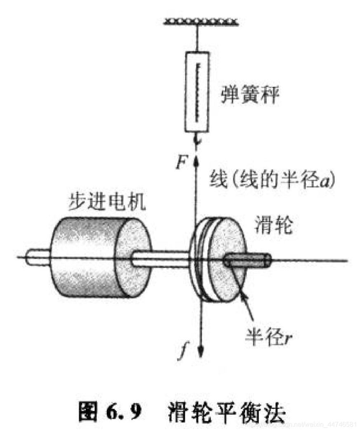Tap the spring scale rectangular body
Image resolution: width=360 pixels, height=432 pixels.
[x=197, y=91]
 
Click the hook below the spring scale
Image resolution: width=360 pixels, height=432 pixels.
[x=198, y=140]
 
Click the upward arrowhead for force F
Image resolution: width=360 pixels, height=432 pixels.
[x=197, y=158]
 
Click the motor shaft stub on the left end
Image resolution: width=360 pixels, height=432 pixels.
[x=37, y=257]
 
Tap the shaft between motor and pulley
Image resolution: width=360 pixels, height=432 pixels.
[x=161, y=258]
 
